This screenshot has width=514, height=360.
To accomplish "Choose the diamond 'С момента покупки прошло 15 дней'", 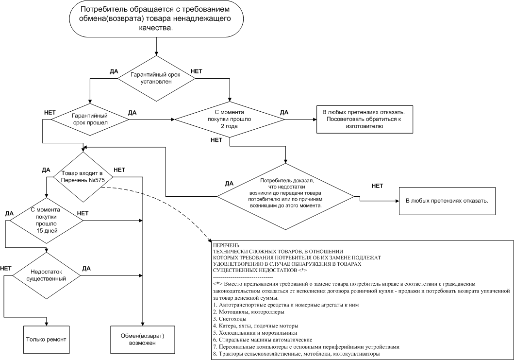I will coord(44,220).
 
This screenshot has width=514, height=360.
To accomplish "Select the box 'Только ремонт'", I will coord(47,338).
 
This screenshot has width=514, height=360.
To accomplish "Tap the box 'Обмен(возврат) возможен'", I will coord(142,339).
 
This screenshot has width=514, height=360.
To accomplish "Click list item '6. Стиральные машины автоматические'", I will coord(263,340).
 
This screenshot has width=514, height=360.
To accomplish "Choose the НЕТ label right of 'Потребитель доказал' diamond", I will coord(377,186).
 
